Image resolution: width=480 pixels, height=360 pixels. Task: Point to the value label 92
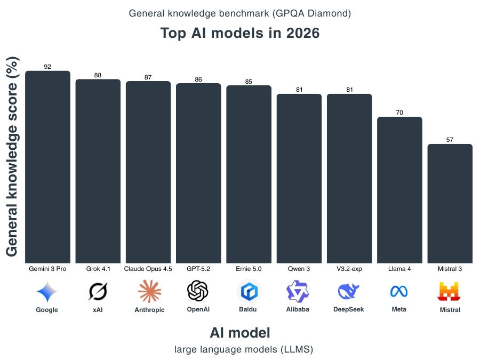47,67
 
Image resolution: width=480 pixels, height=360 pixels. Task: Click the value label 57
450,140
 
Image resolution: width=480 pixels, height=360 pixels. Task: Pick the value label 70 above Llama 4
399,113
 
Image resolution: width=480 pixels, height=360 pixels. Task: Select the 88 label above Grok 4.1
98,75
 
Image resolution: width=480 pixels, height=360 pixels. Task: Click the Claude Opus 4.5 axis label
148,269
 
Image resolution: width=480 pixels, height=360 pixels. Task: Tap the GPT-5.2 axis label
198,269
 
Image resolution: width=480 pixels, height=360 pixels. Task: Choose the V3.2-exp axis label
349,269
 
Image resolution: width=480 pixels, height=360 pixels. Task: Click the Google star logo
47,291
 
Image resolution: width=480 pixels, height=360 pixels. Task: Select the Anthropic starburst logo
149,291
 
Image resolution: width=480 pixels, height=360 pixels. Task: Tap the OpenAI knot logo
198,291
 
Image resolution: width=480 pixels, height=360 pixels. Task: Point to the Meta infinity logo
399,292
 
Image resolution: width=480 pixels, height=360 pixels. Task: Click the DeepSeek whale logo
349,292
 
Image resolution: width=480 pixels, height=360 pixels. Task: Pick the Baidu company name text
249,309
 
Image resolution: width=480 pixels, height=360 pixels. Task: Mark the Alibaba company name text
298,309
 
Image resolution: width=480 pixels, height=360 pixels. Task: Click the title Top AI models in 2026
240,33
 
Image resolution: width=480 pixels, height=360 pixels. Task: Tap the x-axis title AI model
240,333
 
